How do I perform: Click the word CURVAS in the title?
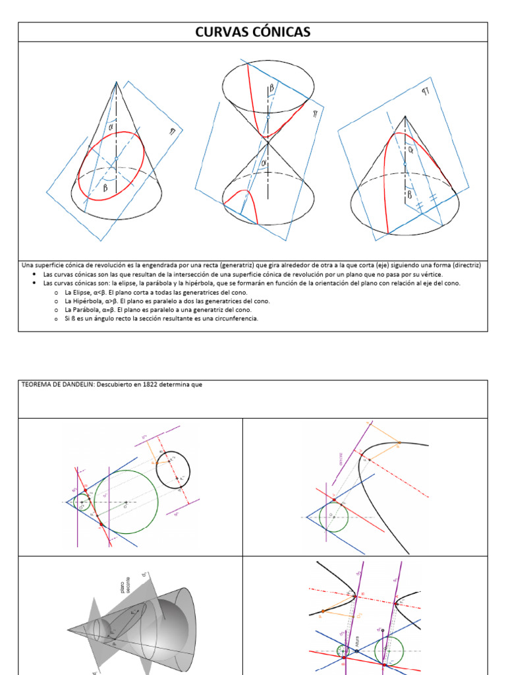tap(221, 32)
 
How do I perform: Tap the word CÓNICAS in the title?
tap(279, 32)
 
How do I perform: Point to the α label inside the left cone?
tap(111, 126)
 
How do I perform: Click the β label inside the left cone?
tap(105, 187)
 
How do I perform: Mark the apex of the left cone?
tap(117, 82)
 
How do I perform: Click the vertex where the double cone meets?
tap(267, 140)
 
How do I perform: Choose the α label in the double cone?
tap(264, 162)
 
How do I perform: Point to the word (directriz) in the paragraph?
tap(461, 265)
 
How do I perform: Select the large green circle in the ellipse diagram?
tap(126, 502)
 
